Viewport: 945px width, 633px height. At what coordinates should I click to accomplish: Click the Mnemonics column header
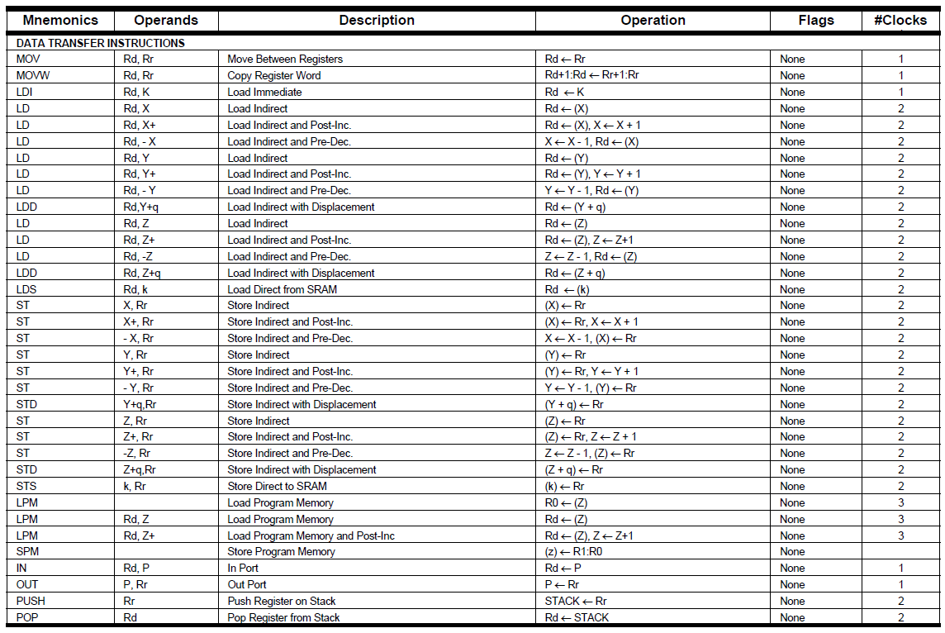point(60,21)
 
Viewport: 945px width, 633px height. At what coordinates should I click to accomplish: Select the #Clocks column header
point(900,21)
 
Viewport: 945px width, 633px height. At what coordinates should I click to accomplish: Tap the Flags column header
point(816,21)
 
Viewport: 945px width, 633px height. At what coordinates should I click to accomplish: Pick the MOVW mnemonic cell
point(30,75)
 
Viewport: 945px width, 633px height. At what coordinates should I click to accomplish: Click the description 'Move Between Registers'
point(285,59)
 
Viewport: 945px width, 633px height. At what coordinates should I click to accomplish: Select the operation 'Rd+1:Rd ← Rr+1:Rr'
point(592,75)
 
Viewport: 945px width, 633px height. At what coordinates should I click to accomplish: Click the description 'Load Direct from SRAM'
point(282,289)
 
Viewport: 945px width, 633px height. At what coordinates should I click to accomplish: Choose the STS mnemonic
point(26,486)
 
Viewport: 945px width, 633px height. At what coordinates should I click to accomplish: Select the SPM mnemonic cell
point(27,551)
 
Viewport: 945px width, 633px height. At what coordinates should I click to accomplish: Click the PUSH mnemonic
point(31,601)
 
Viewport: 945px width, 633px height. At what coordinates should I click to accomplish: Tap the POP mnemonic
point(27,617)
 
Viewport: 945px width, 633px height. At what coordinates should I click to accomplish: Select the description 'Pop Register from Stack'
point(283,617)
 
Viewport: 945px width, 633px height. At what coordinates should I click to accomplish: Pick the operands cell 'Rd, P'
point(135,568)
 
